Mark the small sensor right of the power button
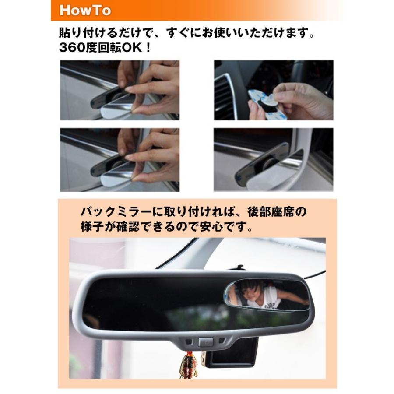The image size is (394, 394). pyautogui.click(x=222, y=340)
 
